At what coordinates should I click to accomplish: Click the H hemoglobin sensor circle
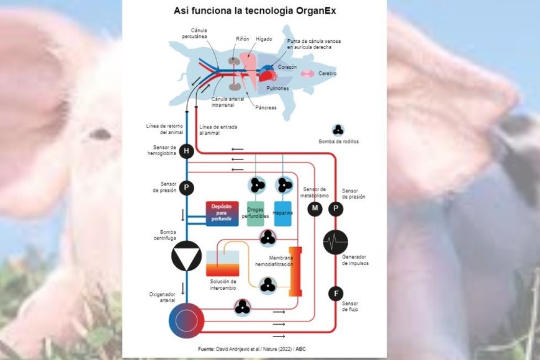click(186, 151)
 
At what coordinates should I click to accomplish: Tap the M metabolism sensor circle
click(315, 209)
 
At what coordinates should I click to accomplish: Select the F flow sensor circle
click(336, 294)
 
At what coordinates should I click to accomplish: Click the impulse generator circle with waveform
click(336, 242)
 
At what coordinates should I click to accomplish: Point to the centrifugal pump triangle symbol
click(186, 256)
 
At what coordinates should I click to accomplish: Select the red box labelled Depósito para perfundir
click(222, 214)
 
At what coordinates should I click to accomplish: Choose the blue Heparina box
click(283, 214)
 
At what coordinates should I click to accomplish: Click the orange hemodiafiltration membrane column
click(295, 271)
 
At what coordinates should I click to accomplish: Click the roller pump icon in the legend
click(338, 129)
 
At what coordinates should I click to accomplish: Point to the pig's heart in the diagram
click(267, 74)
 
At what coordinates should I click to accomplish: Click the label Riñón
click(242, 38)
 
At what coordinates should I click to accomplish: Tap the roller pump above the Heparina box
click(284, 184)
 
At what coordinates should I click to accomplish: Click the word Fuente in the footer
click(206, 349)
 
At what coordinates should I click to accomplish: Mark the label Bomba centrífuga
click(164, 235)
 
